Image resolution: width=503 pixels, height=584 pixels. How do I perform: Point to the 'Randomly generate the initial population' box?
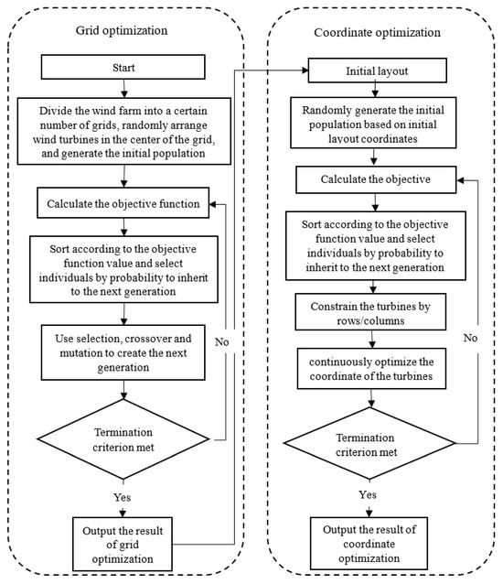pyautogui.click(x=379, y=124)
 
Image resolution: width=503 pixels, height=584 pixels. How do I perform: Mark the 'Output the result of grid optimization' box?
pyautogui.click(x=123, y=542)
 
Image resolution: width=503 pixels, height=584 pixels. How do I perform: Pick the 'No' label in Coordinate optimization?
pyautogui.click(x=469, y=336)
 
